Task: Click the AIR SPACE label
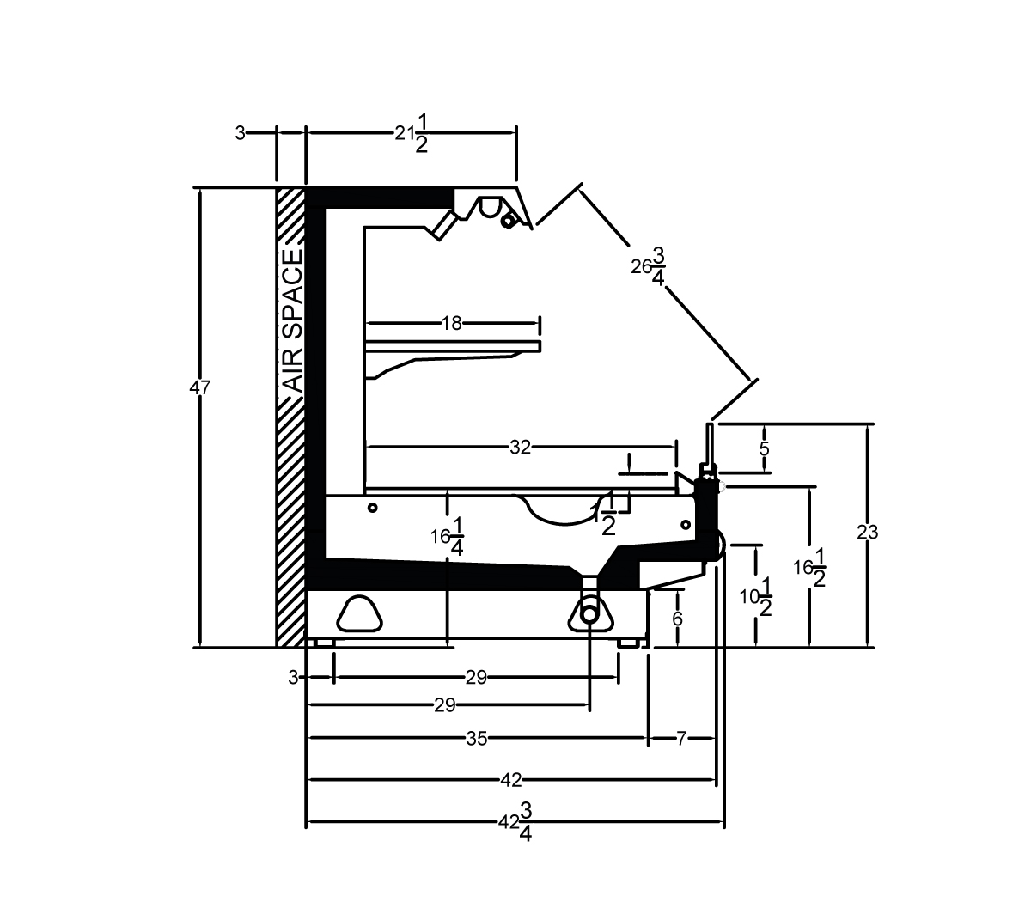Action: pos(293,320)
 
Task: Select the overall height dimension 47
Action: pos(199,387)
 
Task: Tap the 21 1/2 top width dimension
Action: pos(412,133)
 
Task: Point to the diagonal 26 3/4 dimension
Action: pos(648,266)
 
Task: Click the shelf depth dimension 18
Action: pos(452,323)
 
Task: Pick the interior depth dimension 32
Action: pos(520,447)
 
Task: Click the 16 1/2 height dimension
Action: pos(810,568)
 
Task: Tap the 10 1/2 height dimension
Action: pos(756,597)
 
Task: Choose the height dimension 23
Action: pos(867,532)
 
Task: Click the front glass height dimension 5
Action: pos(764,448)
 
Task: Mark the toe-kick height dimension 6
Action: pos(677,619)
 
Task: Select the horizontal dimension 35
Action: pos(477,739)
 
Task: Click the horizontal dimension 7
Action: pos(681,739)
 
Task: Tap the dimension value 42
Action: pos(511,781)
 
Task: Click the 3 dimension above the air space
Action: pos(241,133)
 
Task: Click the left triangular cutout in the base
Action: pos(359,613)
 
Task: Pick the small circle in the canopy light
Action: pos(508,221)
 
